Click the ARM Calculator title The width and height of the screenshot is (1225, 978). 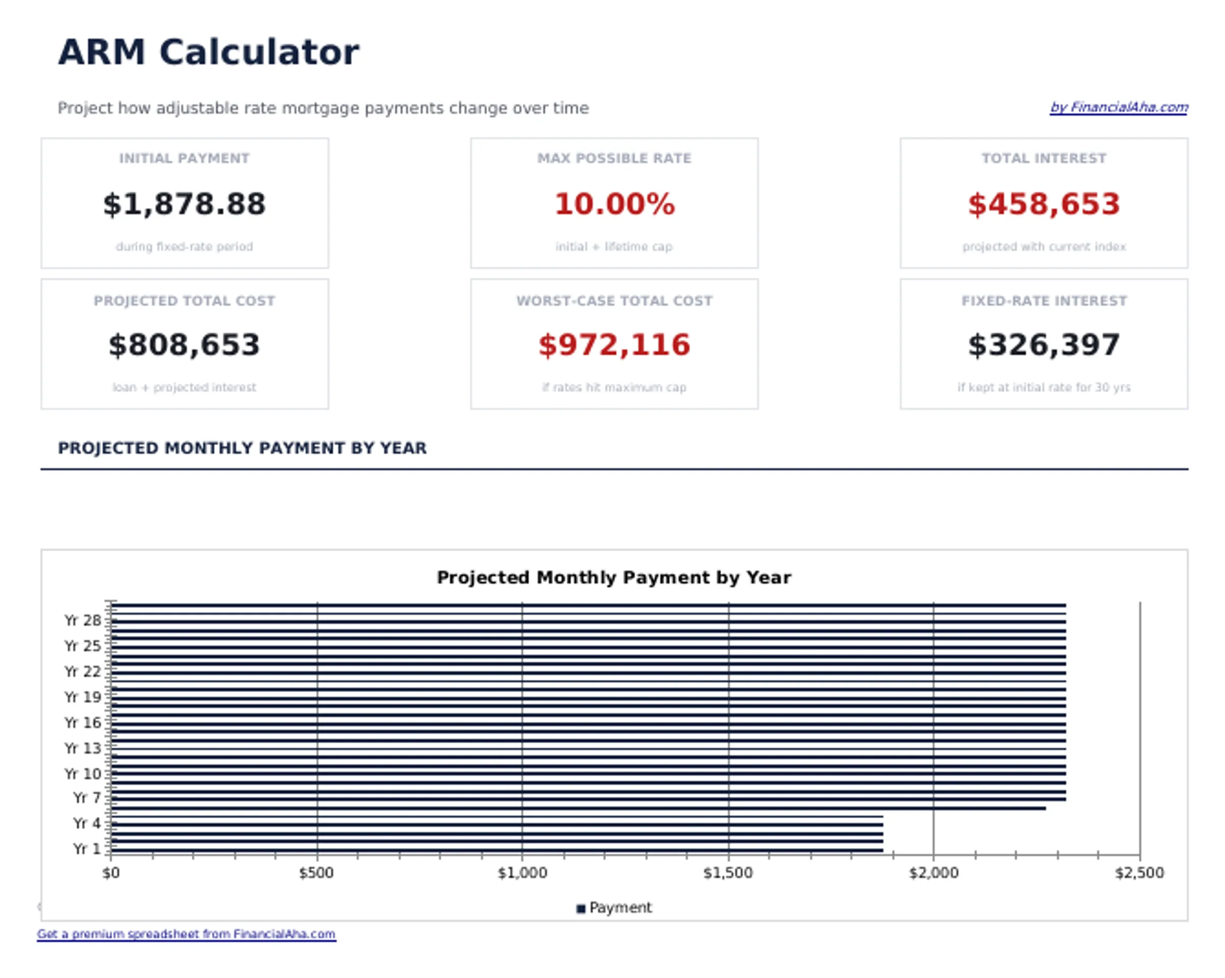(x=209, y=52)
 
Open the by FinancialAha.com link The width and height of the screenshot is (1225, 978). (x=1118, y=107)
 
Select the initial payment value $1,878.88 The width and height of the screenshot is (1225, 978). (x=184, y=204)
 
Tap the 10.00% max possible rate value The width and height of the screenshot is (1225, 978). (x=614, y=204)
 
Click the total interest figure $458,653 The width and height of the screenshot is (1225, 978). (x=1043, y=204)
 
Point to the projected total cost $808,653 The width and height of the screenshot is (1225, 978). (x=184, y=345)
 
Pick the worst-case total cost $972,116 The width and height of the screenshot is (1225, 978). (x=614, y=345)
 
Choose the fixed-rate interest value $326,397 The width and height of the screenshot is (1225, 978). (x=1043, y=345)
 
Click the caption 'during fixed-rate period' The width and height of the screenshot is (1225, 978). (x=184, y=247)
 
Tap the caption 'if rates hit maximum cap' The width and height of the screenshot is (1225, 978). (x=614, y=387)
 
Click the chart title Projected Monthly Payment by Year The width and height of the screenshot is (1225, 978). (x=614, y=577)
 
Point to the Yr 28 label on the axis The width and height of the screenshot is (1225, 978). (x=82, y=621)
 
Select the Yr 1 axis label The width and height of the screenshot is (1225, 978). (x=86, y=849)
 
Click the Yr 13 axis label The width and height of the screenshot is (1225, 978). (x=82, y=748)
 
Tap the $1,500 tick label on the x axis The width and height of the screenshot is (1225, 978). (x=728, y=873)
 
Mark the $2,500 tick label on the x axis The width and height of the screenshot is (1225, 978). (x=1139, y=873)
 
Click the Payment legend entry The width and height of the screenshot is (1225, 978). (x=614, y=908)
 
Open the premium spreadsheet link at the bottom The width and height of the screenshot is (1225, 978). (x=186, y=934)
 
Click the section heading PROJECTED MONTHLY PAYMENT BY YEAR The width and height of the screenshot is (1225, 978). (x=242, y=448)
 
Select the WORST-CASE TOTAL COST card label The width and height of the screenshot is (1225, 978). (x=614, y=301)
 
